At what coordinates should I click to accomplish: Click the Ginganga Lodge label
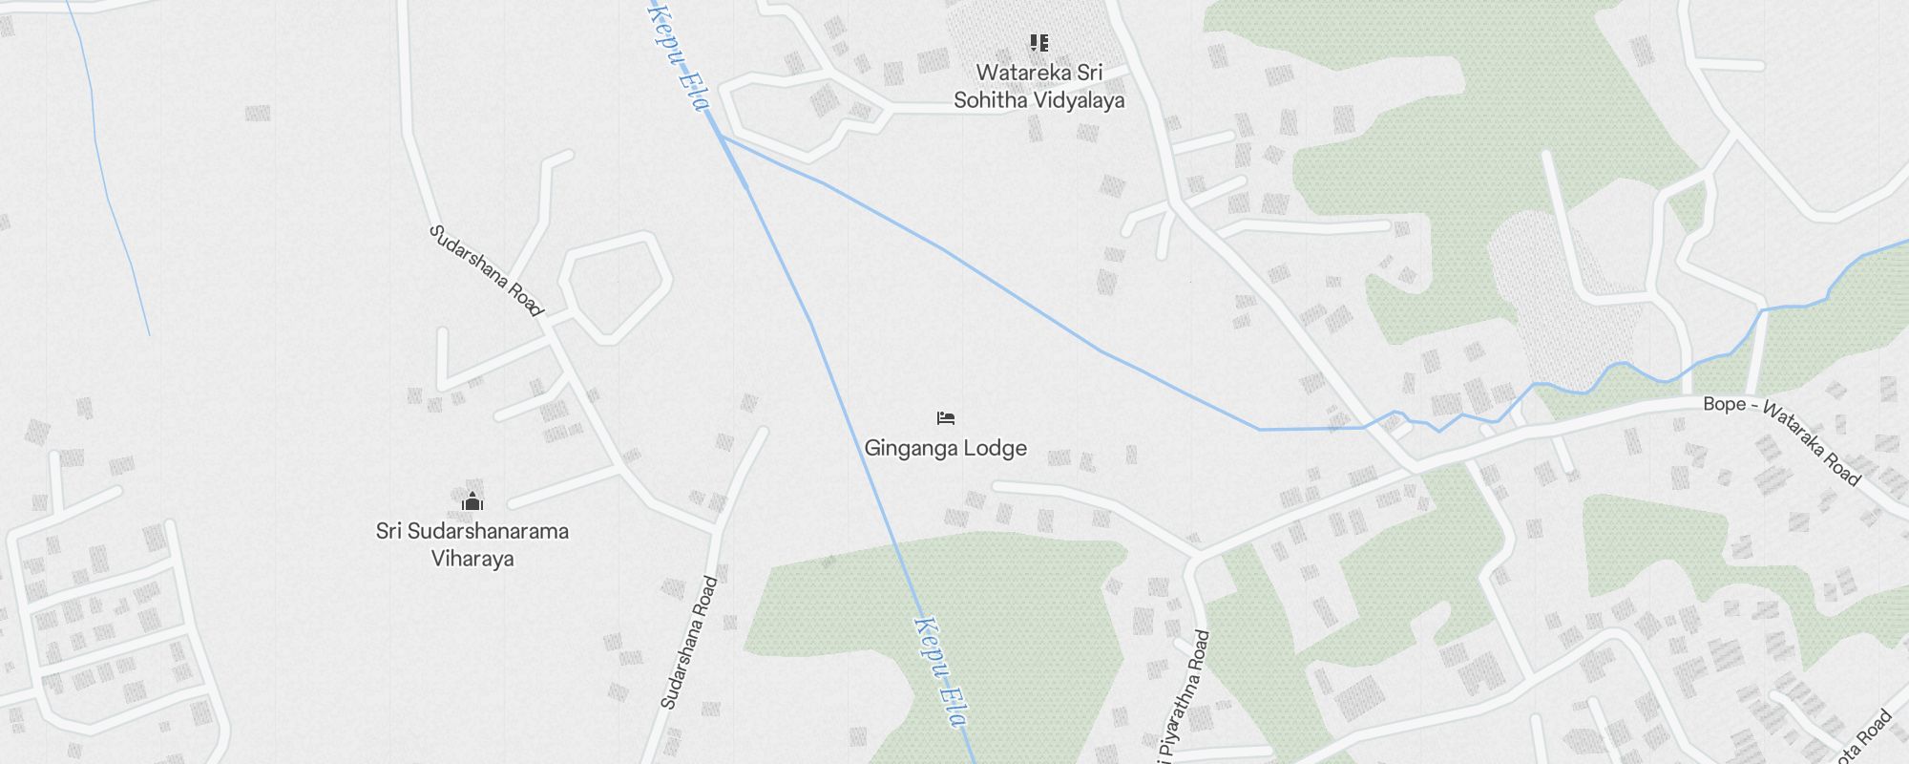(x=945, y=448)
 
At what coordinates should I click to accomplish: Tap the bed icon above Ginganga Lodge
(x=946, y=418)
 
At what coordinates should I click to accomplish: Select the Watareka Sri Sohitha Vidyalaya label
(x=1038, y=86)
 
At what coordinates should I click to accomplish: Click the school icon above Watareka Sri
(x=1039, y=43)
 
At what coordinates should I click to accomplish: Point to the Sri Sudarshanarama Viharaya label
(x=472, y=544)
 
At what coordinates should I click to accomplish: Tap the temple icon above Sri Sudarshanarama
(x=472, y=501)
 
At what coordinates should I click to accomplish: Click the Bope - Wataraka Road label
(x=1781, y=439)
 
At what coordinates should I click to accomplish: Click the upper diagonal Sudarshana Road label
(x=486, y=270)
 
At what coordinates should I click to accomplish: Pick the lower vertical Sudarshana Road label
(x=689, y=643)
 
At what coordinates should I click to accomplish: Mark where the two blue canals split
(x=722, y=137)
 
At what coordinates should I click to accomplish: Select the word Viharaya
(x=472, y=559)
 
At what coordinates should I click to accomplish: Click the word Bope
(x=1724, y=404)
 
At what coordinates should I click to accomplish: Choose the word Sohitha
(x=990, y=99)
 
